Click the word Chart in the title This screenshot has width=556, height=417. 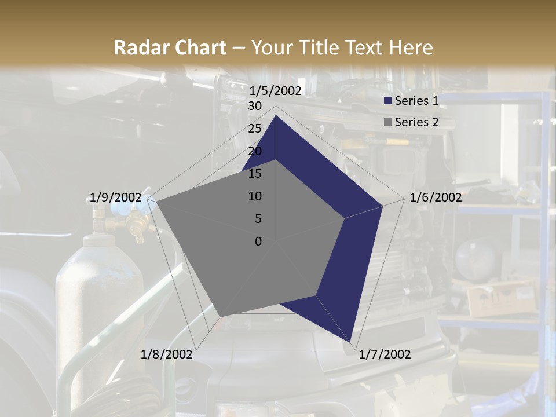click(x=194, y=47)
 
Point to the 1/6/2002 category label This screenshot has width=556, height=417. click(x=436, y=197)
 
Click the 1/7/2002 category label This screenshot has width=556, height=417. click(x=385, y=354)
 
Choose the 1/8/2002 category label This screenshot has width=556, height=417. click(x=166, y=354)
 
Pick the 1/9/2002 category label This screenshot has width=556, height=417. click(x=115, y=197)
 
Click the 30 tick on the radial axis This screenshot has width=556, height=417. click(x=255, y=106)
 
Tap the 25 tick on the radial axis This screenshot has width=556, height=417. click(x=255, y=129)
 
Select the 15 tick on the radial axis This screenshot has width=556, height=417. click(x=255, y=174)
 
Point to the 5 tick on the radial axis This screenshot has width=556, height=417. click(x=258, y=219)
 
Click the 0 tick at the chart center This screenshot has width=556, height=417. click(x=258, y=242)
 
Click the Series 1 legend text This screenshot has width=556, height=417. click(x=416, y=101)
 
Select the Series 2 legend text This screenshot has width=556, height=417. click(x=416, y=122)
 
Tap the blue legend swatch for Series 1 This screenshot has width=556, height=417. click(x=388, y=101)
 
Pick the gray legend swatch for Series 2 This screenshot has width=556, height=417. click(x=388, y=122)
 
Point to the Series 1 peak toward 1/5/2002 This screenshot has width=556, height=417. click(x=276, y=115)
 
